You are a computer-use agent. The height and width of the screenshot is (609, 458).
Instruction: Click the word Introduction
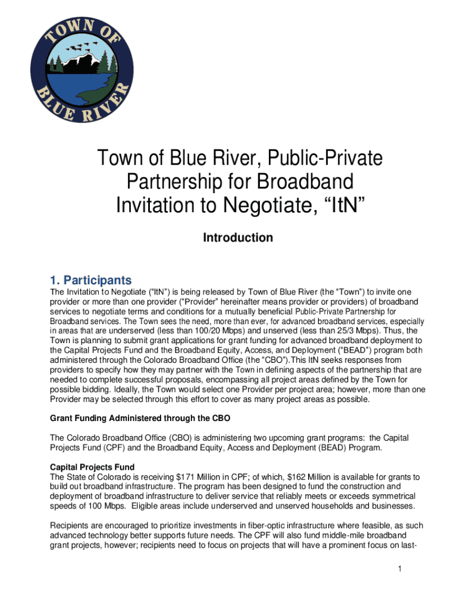[x=238, y=238]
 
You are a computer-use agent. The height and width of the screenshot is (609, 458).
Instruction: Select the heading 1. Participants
[x=91, y=280]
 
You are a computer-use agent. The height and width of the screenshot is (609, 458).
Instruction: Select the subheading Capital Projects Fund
[x=92, y=467]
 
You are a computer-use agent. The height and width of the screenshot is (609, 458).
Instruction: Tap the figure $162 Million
[x=296, y=477]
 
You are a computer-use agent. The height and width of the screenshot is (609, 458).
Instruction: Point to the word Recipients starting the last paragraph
[x=72, y=525]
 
